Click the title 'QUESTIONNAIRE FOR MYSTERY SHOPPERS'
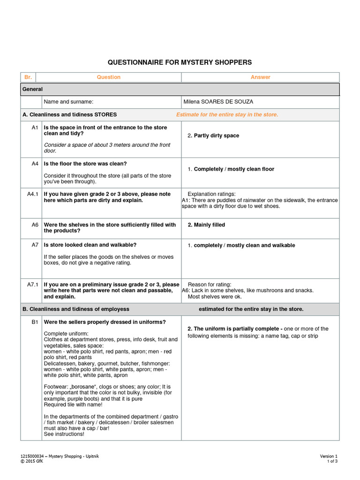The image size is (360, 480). click(x=180, y=62)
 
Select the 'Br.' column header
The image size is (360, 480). click(x=28, y=77)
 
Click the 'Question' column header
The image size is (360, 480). click(x=108, y=77)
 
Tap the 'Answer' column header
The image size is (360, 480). click(x=260, y=77)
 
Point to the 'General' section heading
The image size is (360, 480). click(x=32, y=89)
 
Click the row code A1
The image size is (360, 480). click(x=35, y=127)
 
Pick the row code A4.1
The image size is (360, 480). click(x=33, y=194)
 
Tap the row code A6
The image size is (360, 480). click(x=35, y=225)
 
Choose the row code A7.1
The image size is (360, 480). click(x=33, y=285)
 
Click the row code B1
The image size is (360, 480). click(x=35, y=322)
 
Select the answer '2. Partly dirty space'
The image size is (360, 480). click(x=213, y=135)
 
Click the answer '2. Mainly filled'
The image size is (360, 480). click(x=206, y=225)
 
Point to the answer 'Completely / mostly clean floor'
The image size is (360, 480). click(x=234, y=169)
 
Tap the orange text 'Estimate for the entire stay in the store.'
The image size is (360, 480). click(x=227, y=115)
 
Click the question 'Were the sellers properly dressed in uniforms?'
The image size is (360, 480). click(x=105, y=322)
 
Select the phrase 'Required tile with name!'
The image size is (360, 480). click(x=73, y=405)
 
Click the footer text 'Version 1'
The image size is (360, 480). click(x=329, y=456)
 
